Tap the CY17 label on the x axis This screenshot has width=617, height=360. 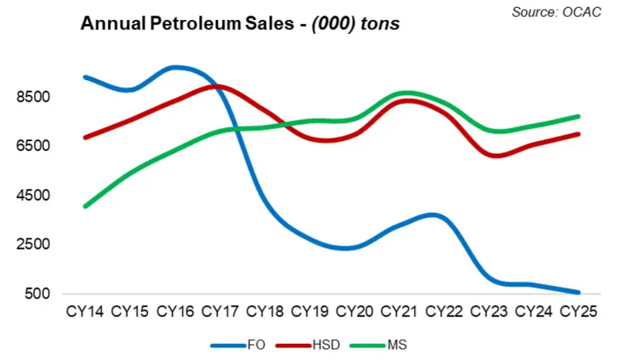click(221, 312)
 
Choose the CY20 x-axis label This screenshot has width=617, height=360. click(356, 312)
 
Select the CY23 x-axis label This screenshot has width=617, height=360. click(491, 312)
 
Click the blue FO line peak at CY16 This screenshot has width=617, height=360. click(177, 67)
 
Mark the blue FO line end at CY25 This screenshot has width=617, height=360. click(579, 292)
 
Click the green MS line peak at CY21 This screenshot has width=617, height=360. click(400, 93)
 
